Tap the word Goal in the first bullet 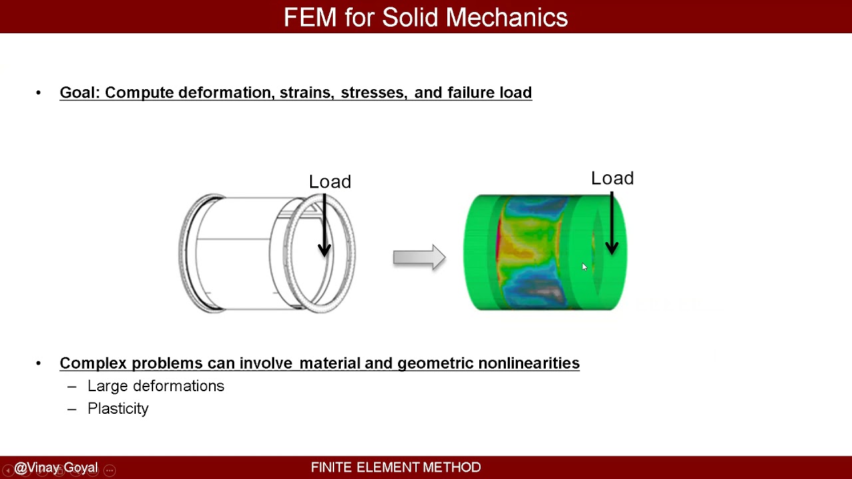[x=79, y=92]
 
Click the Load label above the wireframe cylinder [x=329, y=182]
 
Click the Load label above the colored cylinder [x=612, y=178]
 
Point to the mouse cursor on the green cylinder [x=584, y=266]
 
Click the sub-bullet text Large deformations [x=156, y=386]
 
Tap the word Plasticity [x=118, y=408]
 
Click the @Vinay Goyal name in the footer [x=56, y=468]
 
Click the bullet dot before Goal [x=39, y=92]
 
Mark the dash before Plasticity [x=72, y=408]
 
